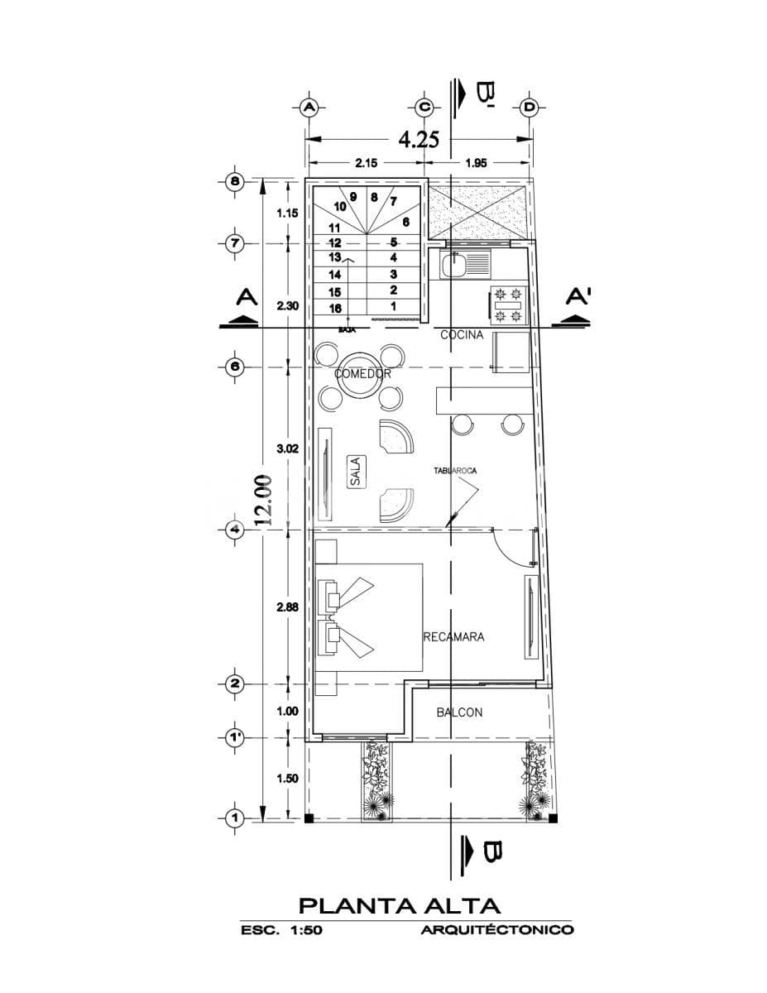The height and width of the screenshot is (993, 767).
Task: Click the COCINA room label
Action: (461, 335)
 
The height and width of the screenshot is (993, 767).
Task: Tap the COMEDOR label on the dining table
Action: (362, 374)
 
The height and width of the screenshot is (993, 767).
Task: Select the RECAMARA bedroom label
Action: (453, 637)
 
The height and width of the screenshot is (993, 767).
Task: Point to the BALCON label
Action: (459, 712)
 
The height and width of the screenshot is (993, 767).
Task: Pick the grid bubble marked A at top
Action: (309, 108)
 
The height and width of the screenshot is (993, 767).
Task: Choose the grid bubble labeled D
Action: (529, 108)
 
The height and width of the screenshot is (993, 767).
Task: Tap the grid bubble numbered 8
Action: (235, 182)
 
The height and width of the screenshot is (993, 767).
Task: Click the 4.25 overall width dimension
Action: (418, 138)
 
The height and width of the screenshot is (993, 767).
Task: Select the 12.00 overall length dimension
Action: (263, 500)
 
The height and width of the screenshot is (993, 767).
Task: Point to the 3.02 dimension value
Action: (287, 448)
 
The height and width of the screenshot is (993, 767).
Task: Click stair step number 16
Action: (335, 308)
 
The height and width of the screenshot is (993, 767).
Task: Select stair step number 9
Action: (353, 197)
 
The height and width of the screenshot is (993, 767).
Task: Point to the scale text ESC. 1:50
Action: (280, 930)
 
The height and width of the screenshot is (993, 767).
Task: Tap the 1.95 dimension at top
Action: (475, 163)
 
